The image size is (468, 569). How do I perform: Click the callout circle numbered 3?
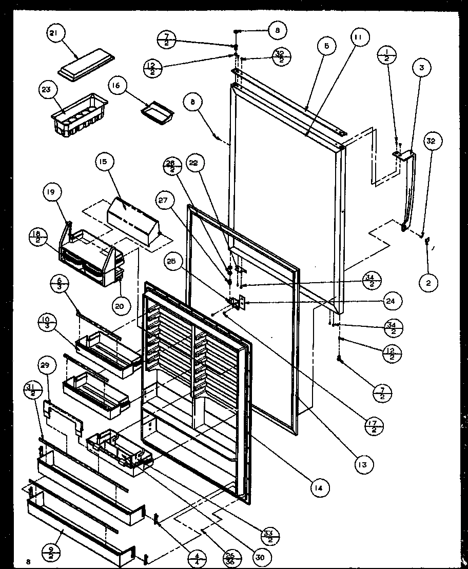422,68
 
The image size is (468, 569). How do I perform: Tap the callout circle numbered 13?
363,464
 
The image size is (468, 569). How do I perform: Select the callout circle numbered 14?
319,487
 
